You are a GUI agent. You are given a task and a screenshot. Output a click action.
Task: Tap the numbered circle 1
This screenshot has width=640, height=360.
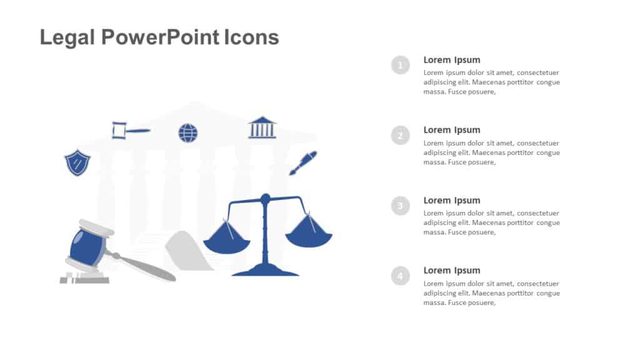point(401,64)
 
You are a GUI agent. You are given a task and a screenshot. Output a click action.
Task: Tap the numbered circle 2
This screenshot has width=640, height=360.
point(401,135)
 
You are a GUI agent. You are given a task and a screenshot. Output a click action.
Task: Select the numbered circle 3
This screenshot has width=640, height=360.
point(401,205)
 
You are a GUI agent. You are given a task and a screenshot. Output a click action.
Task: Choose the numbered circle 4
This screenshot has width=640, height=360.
point(401,275)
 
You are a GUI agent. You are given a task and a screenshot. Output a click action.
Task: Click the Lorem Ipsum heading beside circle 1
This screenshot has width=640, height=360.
point(451,60)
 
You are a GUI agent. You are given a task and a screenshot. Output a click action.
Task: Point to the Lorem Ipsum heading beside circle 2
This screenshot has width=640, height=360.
point(451,130)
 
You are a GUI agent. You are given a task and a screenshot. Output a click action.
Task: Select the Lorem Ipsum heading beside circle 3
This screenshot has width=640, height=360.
point(451,201)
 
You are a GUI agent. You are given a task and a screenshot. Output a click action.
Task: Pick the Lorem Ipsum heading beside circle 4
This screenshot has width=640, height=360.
point(451,271)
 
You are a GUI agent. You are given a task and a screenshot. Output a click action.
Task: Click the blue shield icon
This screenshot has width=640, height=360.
point(77,162)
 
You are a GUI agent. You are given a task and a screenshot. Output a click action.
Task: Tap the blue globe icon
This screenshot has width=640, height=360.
point(187,132)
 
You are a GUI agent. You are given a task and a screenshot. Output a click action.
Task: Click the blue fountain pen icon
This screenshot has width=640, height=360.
point(303,162)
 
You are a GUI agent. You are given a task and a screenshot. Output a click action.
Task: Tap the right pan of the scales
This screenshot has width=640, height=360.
point(309,238)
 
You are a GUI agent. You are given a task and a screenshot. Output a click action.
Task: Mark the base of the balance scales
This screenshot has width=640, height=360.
point(265,271)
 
